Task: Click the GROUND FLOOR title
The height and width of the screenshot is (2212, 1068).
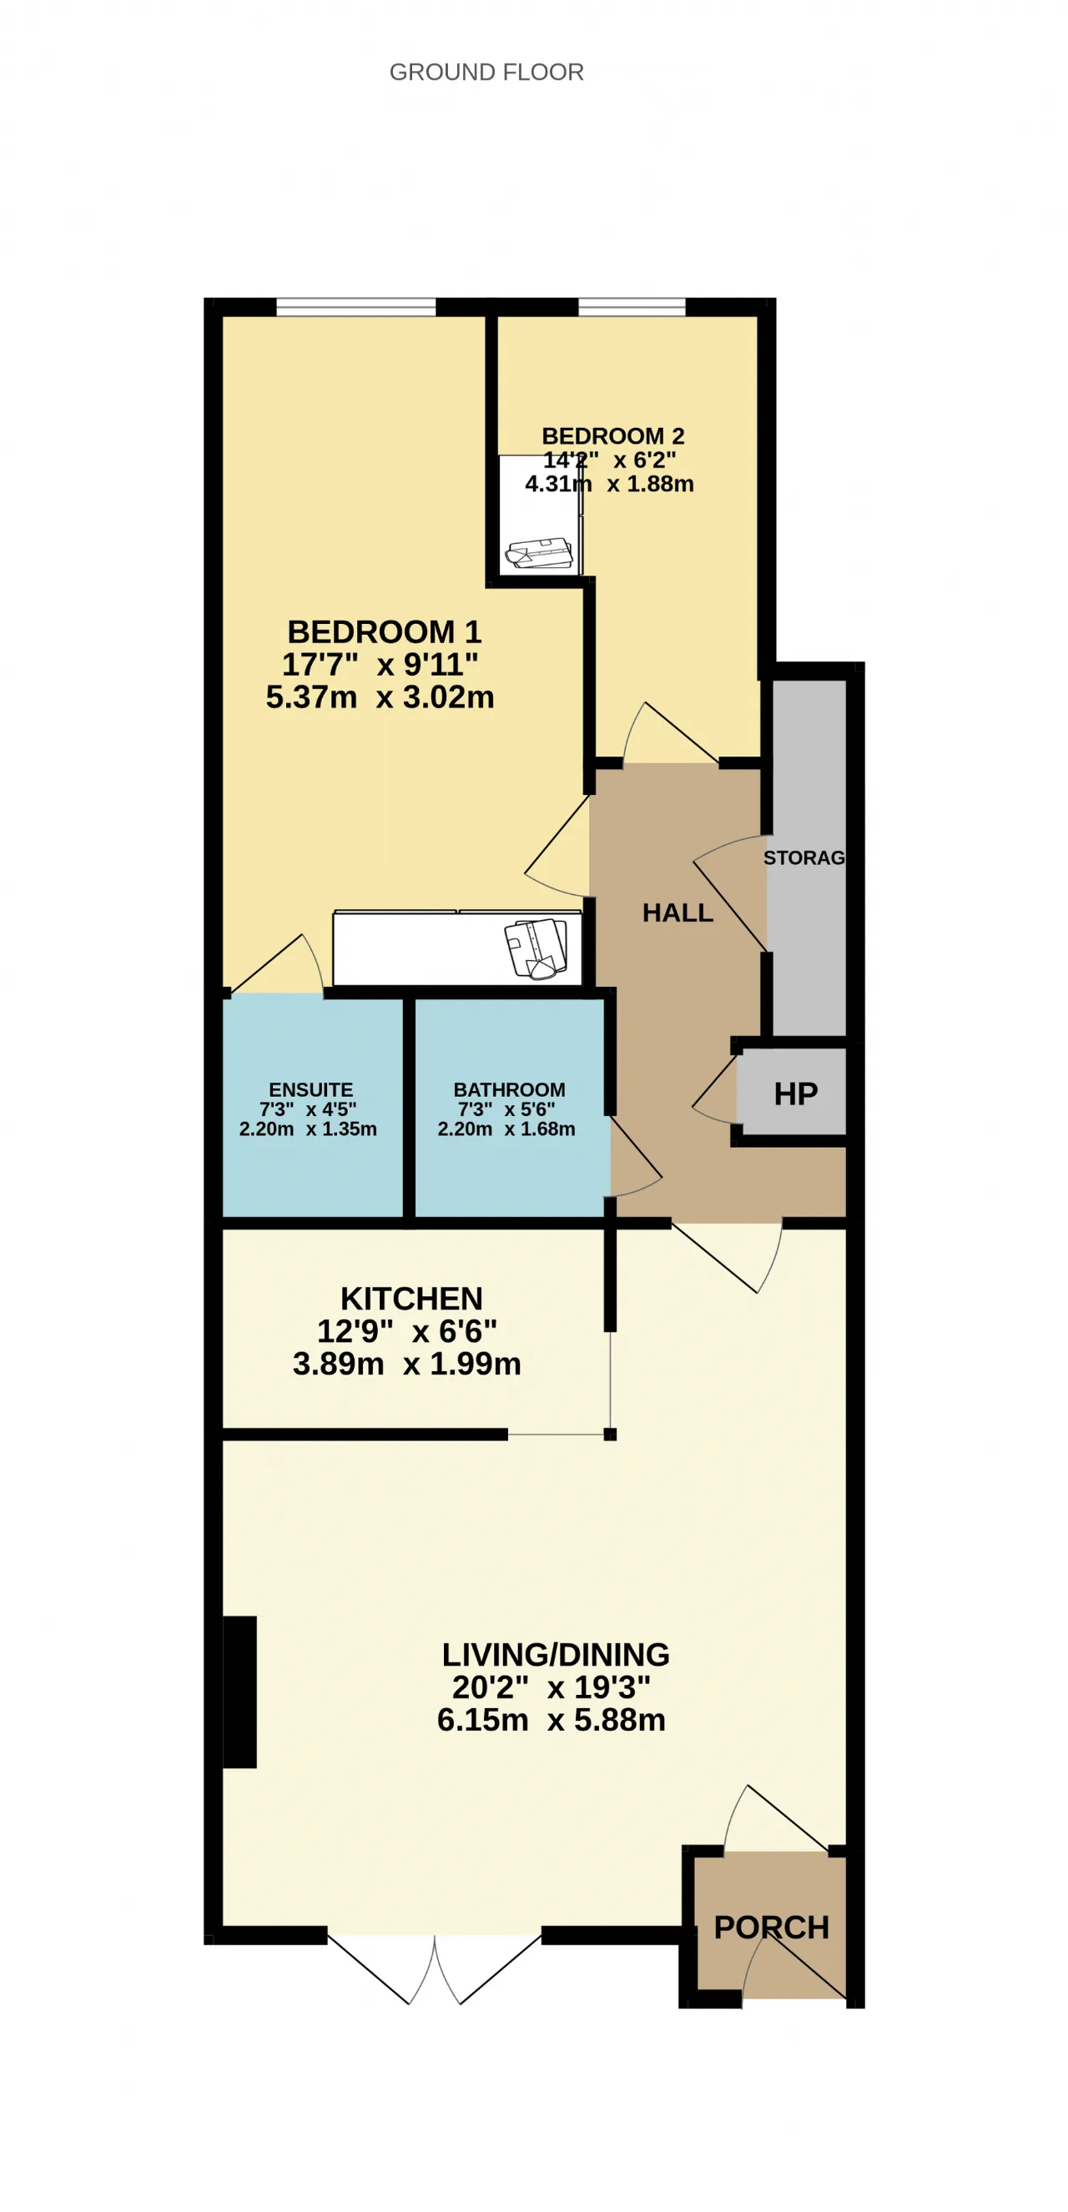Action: click(x=486, y=72)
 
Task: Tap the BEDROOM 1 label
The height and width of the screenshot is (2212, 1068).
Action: click(x=384, y=632)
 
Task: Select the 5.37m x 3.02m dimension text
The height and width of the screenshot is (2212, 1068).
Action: click(x=380, y=697)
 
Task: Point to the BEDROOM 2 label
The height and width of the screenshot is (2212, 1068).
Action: click(x=612, y=436)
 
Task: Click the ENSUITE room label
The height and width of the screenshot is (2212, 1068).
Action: click(x=310, y=1089)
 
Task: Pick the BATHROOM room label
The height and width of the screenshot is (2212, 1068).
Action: click(x=510, y=1089)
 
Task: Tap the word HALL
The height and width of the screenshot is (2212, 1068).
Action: click(x=678, y=912)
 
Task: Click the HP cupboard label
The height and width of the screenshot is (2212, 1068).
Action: click(x=796, y=1094)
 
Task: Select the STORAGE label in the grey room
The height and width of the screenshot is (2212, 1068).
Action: click(x=804, y=857)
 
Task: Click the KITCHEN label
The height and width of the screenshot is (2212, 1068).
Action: click(x=411, y=1299)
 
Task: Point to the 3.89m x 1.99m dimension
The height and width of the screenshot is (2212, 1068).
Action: click(x=406, y=1364)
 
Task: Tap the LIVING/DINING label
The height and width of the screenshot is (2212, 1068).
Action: click(x=555, y=1655)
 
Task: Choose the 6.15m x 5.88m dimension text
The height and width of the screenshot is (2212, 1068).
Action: click(x=551, y=1720)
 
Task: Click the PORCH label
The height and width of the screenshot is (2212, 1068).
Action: click(x=772, y=1928)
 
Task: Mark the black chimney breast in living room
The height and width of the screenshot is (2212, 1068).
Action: click(x=239, y=1692)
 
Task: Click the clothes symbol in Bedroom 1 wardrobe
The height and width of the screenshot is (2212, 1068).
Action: click(x=536, y=949)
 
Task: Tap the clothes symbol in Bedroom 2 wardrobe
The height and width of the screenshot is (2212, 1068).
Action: click(x=539, y=553)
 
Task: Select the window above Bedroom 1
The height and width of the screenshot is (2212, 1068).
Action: click(x=355, y=308)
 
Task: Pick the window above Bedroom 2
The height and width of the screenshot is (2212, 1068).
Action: click(x=632, y=308)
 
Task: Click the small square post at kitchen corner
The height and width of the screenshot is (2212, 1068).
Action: click(x=610, y=1434)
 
